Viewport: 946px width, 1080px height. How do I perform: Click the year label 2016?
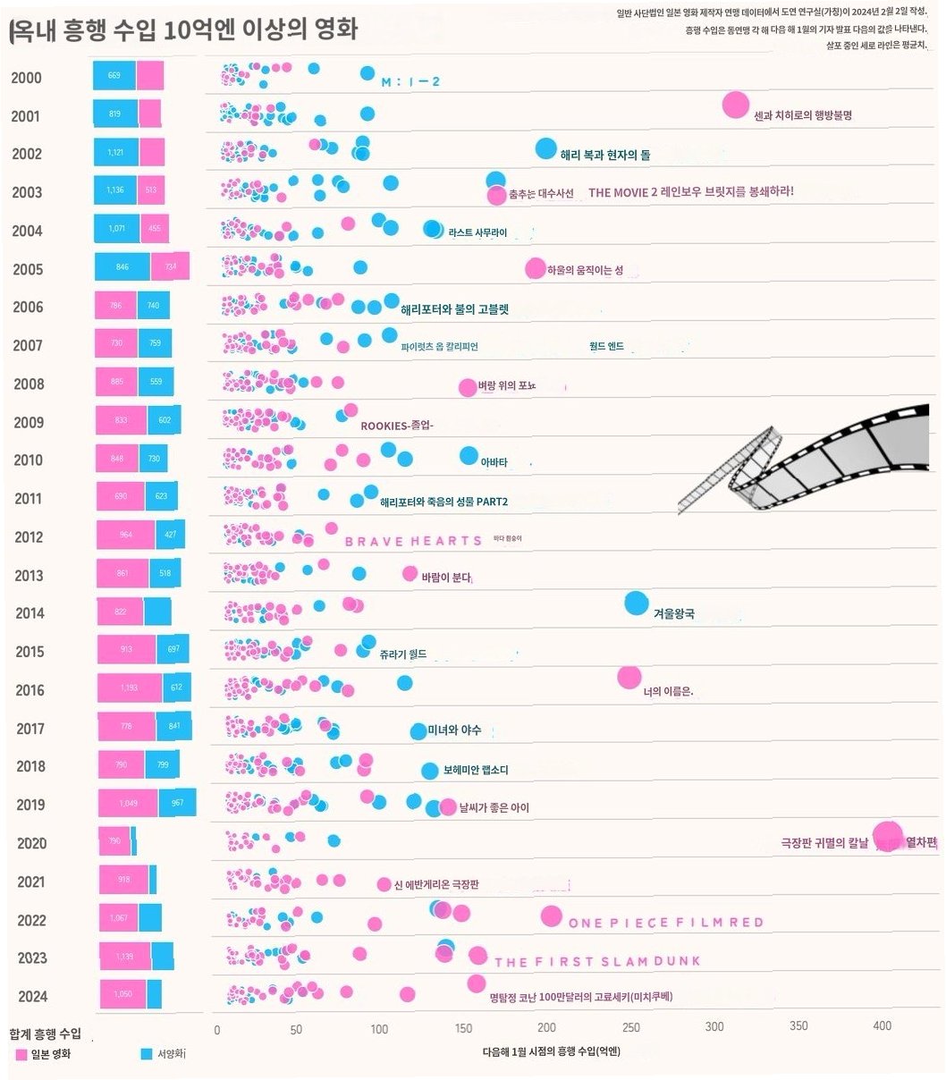(30, 690)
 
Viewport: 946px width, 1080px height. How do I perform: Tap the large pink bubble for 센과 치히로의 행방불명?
(735, 105)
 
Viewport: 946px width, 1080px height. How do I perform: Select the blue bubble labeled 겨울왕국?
(636, 603)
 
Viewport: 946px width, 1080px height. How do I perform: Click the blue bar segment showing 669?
(114, 76)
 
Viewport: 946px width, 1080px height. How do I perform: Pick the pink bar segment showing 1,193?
(129, 688)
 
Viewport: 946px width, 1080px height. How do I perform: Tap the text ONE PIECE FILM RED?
(665, 923)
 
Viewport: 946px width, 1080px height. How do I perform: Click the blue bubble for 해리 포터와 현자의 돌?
(545, 148)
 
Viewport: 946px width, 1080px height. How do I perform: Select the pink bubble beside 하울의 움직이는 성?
(535, 268)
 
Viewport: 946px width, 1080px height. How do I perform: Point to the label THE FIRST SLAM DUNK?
(596, 962)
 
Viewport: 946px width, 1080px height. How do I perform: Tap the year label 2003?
(27, 192)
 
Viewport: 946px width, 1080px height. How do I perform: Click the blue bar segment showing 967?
(177, 803)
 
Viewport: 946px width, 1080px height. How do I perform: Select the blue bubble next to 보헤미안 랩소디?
(430, 771)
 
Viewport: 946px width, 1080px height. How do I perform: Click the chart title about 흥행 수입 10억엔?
(183, 30)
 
